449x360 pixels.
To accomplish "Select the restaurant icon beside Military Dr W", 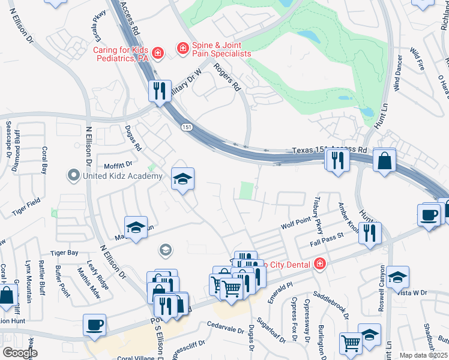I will click(160, 91).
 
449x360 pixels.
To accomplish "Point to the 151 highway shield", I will click(187, 126).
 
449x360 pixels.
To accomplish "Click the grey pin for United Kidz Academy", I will click(74, 176).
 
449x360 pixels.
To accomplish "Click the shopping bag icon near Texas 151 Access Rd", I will click(384, 161).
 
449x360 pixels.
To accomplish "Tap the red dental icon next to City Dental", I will click(320, 264).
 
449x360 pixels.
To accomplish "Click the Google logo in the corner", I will click(20, 353).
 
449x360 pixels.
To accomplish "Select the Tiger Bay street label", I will click(64, 253).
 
